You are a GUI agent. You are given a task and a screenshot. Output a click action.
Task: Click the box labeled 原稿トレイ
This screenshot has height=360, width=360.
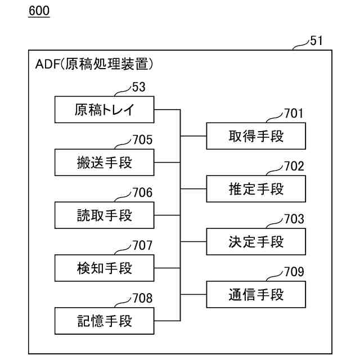[x=105, y=110]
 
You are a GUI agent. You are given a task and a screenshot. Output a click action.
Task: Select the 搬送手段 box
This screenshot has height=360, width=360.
[x=105, y=163]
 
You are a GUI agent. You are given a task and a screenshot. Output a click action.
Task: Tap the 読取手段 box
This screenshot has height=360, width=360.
[x=105, y=215]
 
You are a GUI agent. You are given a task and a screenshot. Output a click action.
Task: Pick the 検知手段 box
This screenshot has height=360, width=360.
[x=105, y=268]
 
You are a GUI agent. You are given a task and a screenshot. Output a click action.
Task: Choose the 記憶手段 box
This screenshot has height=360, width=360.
[x=105, y=321]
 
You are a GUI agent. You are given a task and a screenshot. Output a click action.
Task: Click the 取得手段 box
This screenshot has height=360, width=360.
[x=256, y=136]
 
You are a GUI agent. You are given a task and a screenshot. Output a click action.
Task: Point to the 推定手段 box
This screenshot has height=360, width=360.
[x=256, y=188]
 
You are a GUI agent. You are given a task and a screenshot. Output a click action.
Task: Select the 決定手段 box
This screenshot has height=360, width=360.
[x=256, y=241]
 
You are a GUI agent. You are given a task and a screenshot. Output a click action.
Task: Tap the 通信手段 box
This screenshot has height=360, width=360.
[x=256, y=294]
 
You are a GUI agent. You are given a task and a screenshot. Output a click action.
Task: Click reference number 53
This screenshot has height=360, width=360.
[x=138, y=87]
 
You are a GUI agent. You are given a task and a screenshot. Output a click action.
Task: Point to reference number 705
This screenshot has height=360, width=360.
[x=142, y=140]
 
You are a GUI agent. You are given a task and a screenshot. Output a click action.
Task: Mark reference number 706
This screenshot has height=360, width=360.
[x=142, y=193]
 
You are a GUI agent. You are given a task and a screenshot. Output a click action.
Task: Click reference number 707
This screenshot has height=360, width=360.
[x=142, y=246]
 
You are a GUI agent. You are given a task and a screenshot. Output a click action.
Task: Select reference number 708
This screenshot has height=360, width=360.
[x=142, y=299]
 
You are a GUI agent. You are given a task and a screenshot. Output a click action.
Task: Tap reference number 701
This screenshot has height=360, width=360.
[x=293, y=113]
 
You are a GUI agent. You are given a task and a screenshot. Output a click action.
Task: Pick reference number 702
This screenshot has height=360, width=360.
[x=293, y=166]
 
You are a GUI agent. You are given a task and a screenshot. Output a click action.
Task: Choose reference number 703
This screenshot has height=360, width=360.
[x=293, y=219]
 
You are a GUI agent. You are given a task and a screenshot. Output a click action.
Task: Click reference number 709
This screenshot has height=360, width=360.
[x=293, y=272]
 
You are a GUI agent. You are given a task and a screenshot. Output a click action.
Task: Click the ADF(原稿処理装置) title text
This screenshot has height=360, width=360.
[x=94, y=65]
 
